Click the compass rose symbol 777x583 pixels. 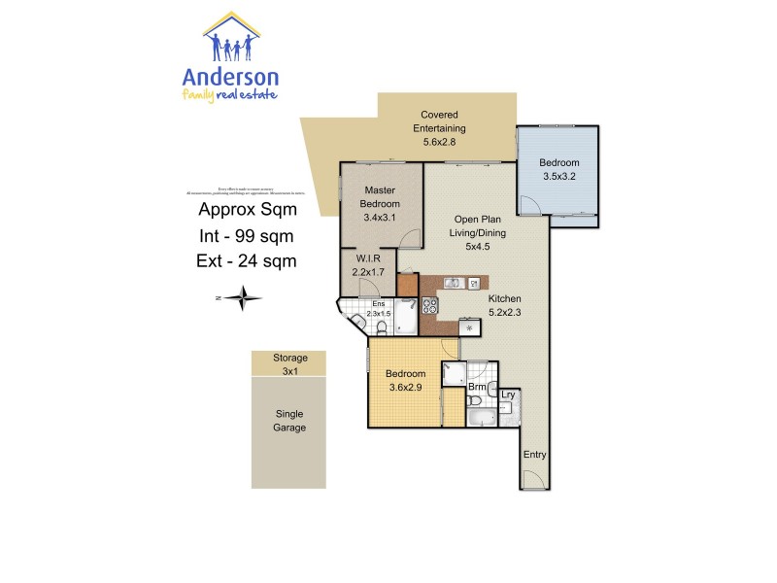[x=242, y=297]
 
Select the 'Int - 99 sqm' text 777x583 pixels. [x=247, y=235]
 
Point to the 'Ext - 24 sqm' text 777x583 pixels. [x=247, y=260]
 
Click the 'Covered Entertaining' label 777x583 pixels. [x=439, y=128]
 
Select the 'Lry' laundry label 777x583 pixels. [x=507, y=395]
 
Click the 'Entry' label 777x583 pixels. [x=534, y=455]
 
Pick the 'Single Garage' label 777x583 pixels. [x=288, y=420]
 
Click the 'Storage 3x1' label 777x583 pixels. [x=288, y=364]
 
